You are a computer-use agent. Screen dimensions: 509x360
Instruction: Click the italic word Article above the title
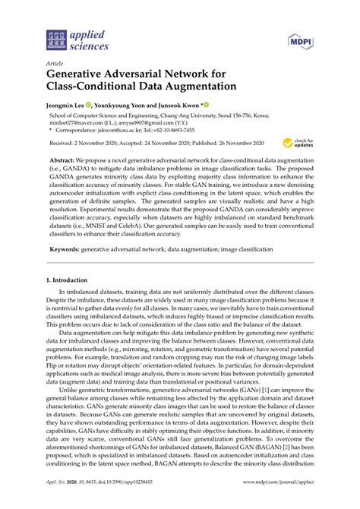point(55,65)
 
